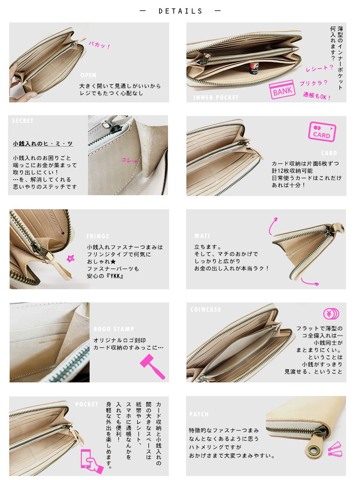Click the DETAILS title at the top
click(180, 11)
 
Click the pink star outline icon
click(71, 259)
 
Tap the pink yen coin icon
click(331, 314)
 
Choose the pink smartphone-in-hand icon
click(89, 458)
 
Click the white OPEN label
click(88, 75)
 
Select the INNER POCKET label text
click(216, 97)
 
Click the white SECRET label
click(23, 121)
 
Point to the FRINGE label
click(98, 236)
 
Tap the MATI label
click(202, 236)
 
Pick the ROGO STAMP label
click(114, 329)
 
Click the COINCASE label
click(206, 310)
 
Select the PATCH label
click(199, 414)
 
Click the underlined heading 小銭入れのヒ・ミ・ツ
click(43, 144)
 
